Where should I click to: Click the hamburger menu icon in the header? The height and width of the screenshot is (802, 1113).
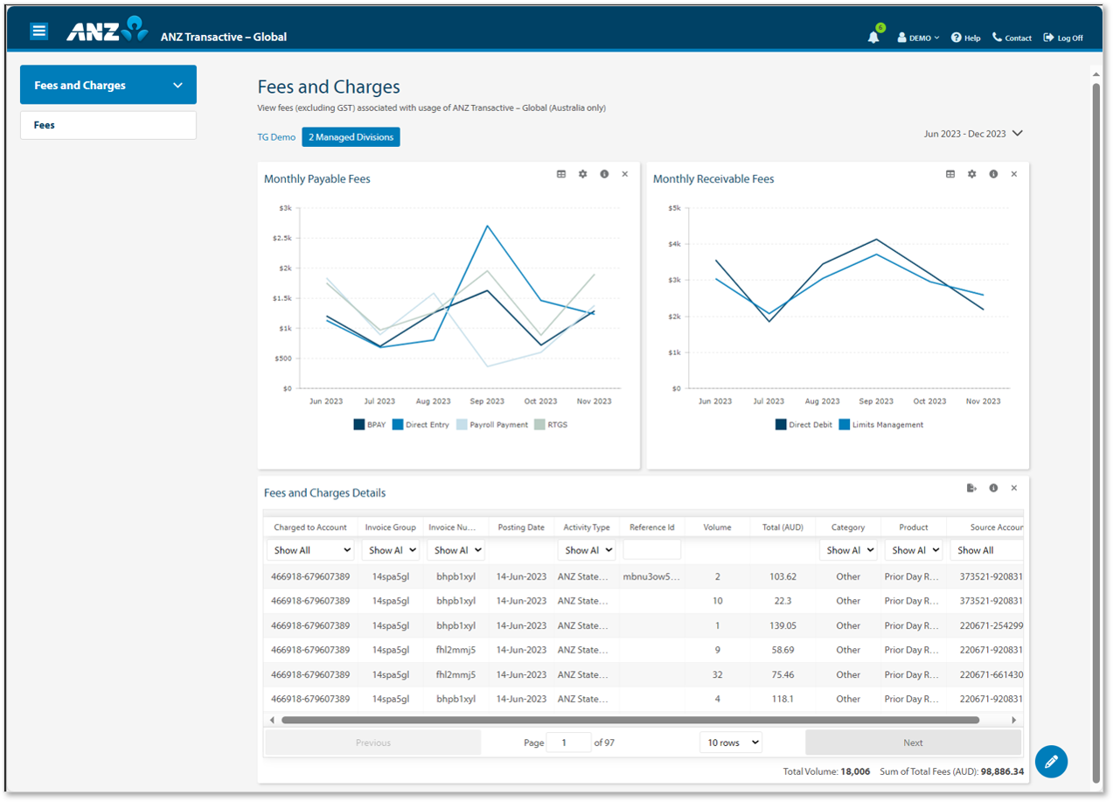coord(38,31)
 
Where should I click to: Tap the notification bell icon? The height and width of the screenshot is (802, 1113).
coord(873,37)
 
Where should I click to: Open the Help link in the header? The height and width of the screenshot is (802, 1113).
coord(965,38)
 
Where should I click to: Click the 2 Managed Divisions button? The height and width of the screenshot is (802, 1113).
coord(351,137)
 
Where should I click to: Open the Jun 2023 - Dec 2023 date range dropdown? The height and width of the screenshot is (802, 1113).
coord(972,134)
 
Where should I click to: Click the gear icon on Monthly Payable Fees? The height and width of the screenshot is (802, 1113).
coord(583,174)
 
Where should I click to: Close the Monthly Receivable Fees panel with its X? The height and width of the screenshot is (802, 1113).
coord(1014,174)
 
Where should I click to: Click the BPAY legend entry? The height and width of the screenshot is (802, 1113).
coord(369,425)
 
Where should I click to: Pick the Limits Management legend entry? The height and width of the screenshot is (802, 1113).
coord(880,425)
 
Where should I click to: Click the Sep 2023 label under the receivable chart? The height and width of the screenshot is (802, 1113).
coord(875,401)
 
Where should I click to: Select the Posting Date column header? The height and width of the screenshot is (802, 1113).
coord(521,527)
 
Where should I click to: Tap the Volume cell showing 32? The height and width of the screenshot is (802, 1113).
coord(717,674)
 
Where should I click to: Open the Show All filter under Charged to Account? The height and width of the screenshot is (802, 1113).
coord(310,550)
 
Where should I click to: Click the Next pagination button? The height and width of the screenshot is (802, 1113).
coord(913,743)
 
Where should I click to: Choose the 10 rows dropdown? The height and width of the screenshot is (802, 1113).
coord(731,743)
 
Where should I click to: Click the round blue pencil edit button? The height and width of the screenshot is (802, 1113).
coord(1051,761)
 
